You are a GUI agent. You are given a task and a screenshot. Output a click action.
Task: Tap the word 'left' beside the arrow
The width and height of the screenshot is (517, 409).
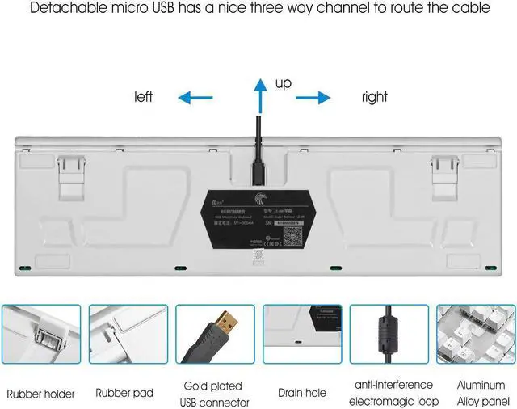point(144,97)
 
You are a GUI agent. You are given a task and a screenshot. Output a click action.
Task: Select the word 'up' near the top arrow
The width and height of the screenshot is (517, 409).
point(284,84)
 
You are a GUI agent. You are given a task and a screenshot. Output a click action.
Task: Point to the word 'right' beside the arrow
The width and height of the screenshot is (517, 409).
point(374,97)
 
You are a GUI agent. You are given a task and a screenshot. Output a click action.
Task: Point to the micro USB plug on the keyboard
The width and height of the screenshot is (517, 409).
point(258,171)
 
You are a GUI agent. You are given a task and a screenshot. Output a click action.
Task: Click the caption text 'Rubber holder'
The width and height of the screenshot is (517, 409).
point(41,394)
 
